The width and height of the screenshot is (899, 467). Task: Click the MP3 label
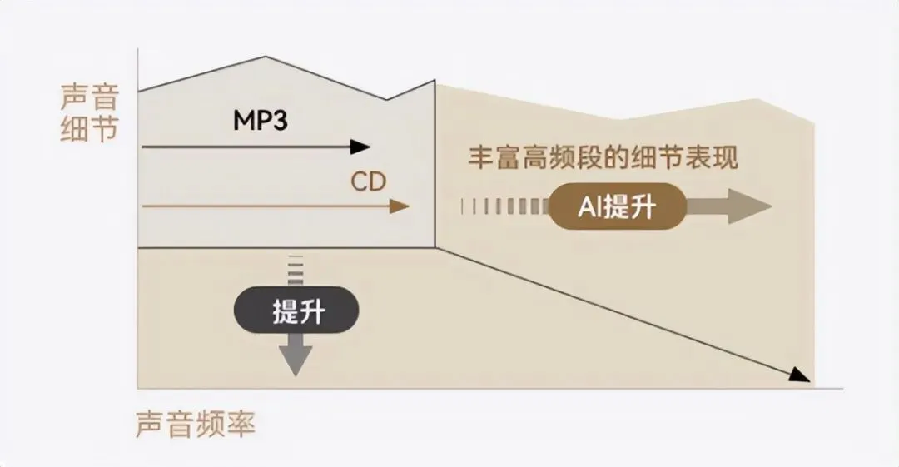pyautogui.click(x=260, y=121)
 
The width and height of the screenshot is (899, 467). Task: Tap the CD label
pyautogui.click(x=369, y=181)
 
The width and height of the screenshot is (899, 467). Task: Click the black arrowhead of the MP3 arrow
pyautogui.click(x=360, y=147)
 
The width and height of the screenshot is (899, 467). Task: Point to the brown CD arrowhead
pyautogui.click(x=399, y=206)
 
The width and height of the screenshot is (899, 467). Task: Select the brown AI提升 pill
pyautogui.click(x=618, y=206)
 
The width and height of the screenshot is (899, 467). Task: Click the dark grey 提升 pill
pyautogui.click(x=296, y=311)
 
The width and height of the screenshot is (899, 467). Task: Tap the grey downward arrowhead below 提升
pyautogui.click(x=296, y=361)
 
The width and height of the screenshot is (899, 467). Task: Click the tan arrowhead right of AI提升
pyautogui.click(x=750, y=206)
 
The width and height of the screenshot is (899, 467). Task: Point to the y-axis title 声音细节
pyautogui.click(x=89, y=112)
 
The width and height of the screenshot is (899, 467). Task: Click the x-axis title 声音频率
pyautogui.click(x=196, y=424)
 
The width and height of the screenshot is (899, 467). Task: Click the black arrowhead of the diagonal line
pyautogui.click(x=800, y=375)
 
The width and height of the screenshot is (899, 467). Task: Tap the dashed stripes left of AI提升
pyautogui.click(x=504, y=206)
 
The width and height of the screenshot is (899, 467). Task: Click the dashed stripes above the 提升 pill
pyautogui.click(x=296, y=271)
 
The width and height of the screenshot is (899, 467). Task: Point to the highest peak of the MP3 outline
pyautogui.click(x=266, y=57)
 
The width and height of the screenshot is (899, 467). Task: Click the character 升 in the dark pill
pyautogui.click(x=312, y=311)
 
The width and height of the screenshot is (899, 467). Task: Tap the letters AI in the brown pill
pyautogui.click(x=589, y=207)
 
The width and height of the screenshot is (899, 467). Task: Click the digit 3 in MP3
pyautogui.click(x=279, y=121)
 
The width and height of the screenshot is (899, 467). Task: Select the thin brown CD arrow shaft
pyautogui.click(x=266, y=206)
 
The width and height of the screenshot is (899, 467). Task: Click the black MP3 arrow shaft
pyautogui.click(x=246, y=147)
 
